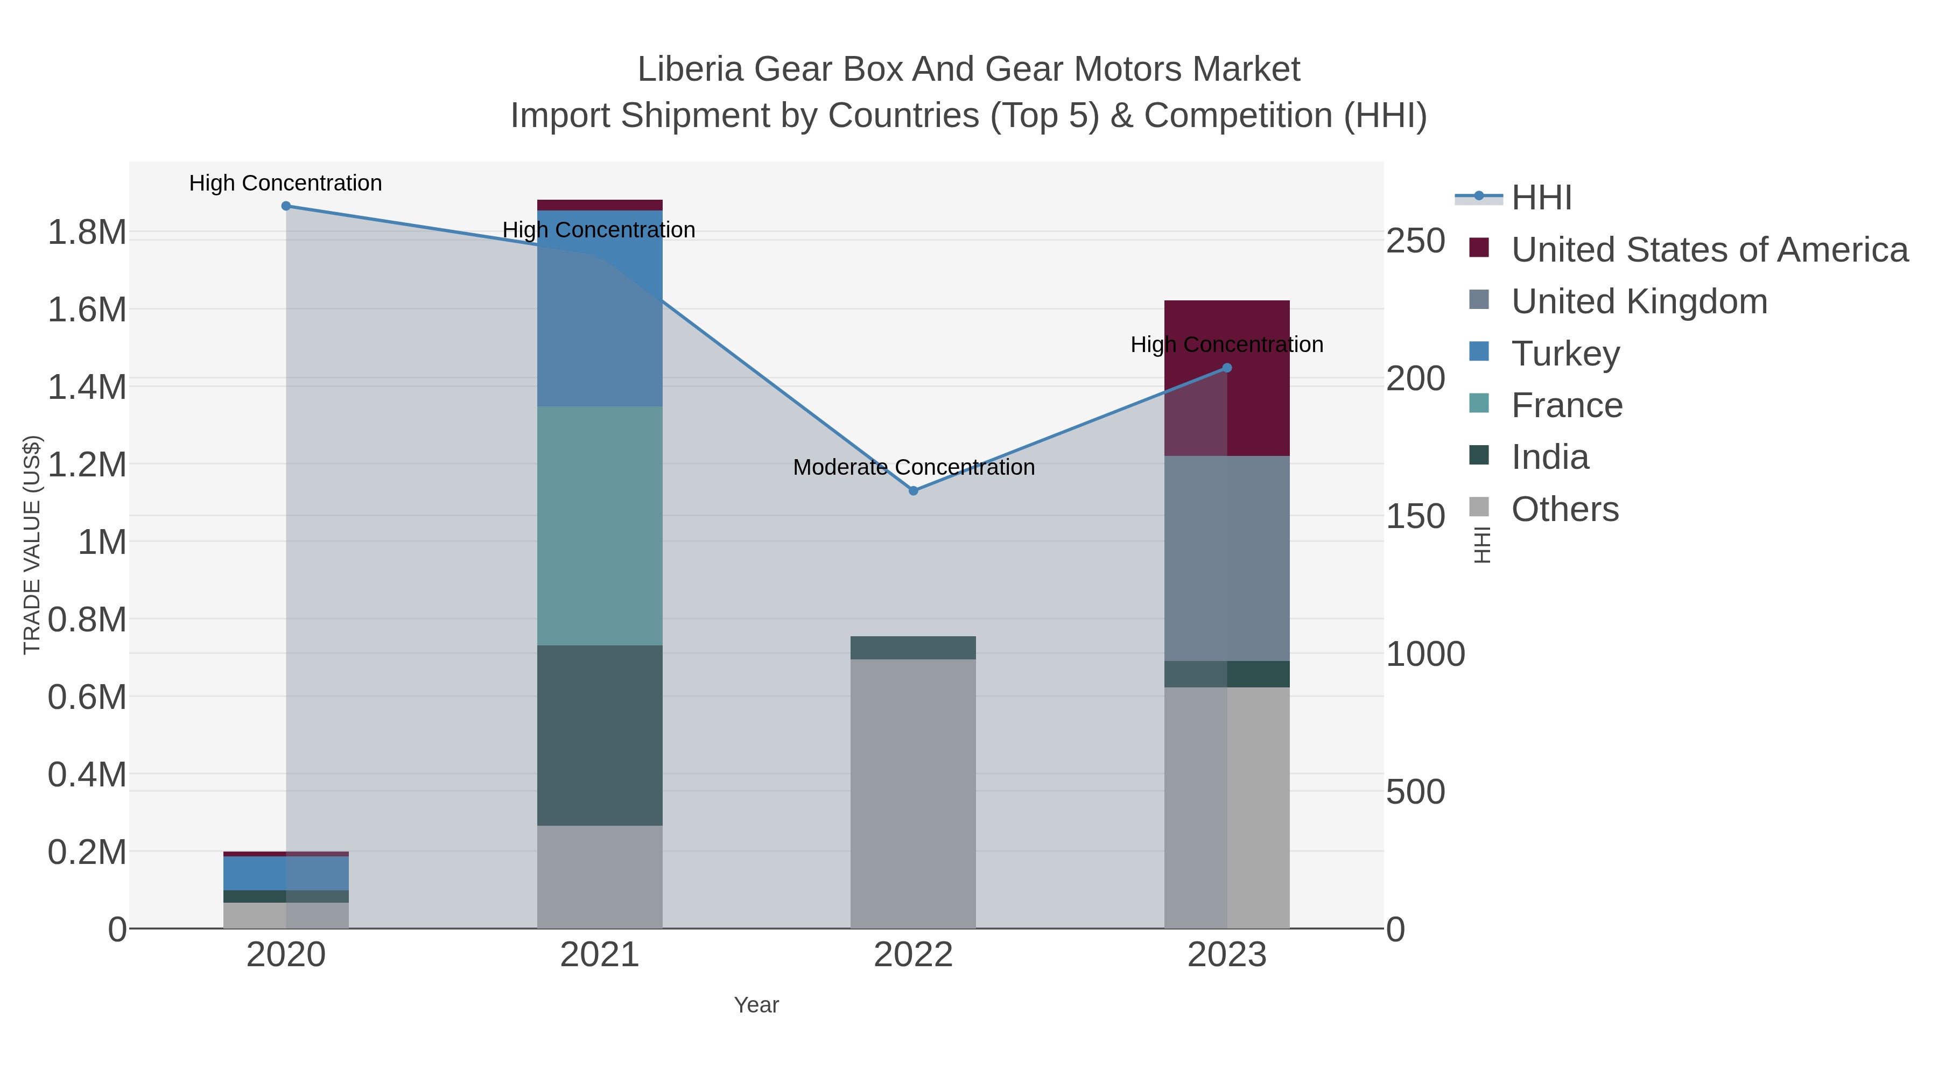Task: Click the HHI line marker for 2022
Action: (914, 490)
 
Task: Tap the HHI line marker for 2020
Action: (286, 206)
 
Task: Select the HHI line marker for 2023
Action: (1227, 368)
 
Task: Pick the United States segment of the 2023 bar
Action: (1227, 378)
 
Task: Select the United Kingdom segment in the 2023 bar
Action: (1227, 558)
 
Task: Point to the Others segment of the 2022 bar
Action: (914, 793)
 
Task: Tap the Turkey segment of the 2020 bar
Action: (286, 874)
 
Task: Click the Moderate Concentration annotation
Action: (914, 467)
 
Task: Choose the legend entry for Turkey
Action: (1565, 354)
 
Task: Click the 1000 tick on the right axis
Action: (1425, 653)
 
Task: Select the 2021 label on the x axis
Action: (600, 954)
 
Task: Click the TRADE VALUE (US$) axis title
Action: (32, 545)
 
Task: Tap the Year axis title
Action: (756, 1005)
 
